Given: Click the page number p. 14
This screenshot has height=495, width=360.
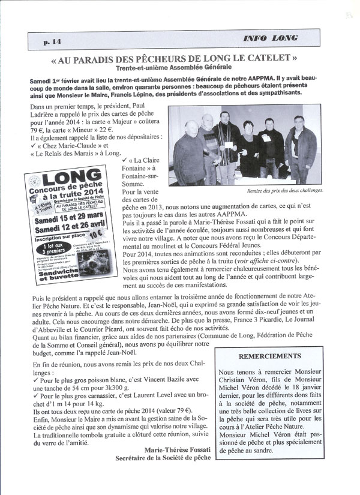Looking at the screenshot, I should (x=53, y=41).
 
